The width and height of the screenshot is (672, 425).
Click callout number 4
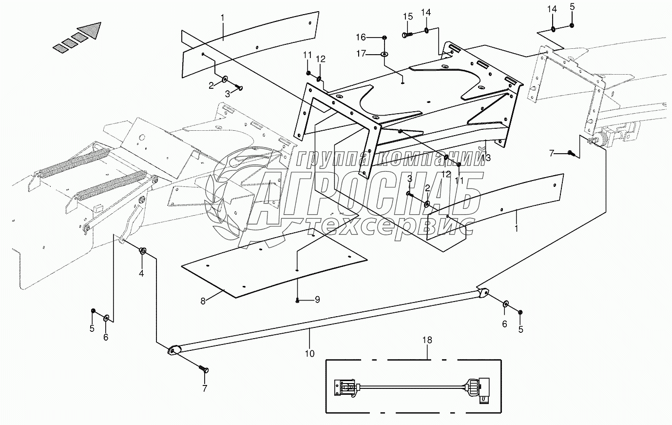(x=141, y=273)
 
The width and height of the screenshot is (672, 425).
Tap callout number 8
(x=203, y=301)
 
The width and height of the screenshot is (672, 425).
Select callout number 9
(x=317, y=300)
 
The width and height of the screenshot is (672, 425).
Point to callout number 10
(x=310, y=353)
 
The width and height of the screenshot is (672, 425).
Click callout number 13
(x=486, y=158)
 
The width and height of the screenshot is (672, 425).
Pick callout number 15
(x=408, y=17)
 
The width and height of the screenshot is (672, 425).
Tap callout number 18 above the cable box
(x=427, y=340)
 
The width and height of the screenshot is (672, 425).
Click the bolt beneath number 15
(x=407, y=34)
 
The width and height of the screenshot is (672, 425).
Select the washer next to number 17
(x=384, y=54)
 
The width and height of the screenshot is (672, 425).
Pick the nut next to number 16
(x=384, y=37)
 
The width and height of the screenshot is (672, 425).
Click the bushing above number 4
(x=143, y=251)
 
